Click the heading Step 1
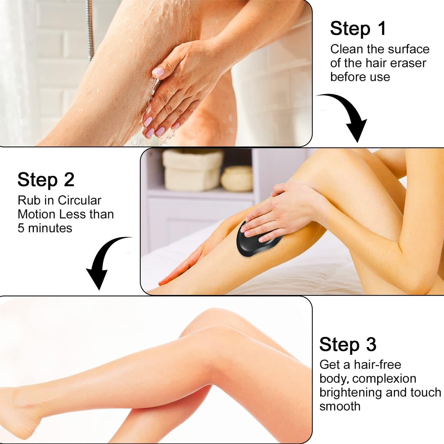tap(358, 29)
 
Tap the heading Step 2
tap(46, 180)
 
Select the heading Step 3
tap(348, 345)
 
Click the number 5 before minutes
tap(21, 228)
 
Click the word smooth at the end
tap(340, 406)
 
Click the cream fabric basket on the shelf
tap(193, 170)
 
